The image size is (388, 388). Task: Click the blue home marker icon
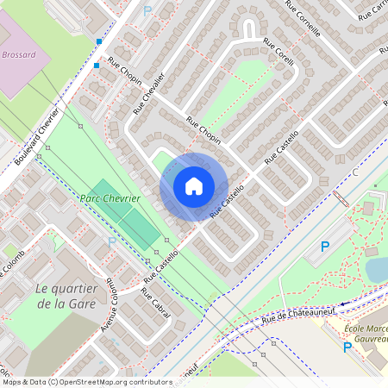(194, 186)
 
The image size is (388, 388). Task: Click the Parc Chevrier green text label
(110, 197)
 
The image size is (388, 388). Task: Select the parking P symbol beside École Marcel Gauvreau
(347, 347)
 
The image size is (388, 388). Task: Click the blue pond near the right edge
(377, 269)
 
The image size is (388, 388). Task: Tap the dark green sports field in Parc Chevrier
(126, 212)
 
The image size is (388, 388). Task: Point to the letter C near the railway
(354, 172)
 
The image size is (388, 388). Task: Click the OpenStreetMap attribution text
(86, 381)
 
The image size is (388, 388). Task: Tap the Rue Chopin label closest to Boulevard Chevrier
(124, 69)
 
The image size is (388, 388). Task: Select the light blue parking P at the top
(147, 10)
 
